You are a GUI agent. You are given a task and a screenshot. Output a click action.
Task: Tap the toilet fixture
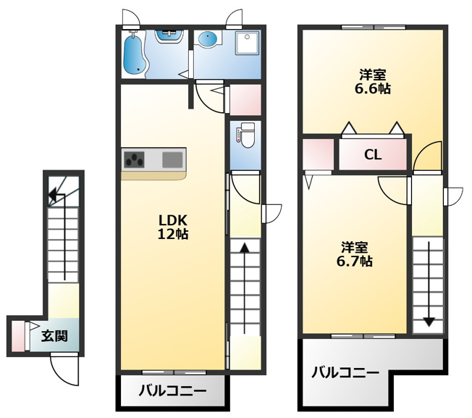(247, 135)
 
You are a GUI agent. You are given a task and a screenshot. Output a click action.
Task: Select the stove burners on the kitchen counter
(135, 159)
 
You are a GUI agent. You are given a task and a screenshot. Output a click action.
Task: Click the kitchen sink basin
(172, 159)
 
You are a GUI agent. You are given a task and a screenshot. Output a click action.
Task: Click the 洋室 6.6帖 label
(373, 81)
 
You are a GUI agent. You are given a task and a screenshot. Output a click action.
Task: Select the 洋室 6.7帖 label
(354, 254)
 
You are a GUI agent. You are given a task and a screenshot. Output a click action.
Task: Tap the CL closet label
(373, 155)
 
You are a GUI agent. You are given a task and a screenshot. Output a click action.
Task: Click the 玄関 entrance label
(54, 336)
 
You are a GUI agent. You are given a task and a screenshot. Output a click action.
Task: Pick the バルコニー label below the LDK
(172, 391)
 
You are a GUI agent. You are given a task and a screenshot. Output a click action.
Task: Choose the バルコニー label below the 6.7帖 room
(345, 373)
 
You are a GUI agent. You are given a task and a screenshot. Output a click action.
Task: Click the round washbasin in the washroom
(207, 39)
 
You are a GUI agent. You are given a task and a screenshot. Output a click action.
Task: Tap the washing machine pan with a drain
(247, 43)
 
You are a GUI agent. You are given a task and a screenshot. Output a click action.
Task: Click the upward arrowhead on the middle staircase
(245, 247)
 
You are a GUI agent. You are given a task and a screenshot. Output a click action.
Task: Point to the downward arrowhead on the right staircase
(429, 322)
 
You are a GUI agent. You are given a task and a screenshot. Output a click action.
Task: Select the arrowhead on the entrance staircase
(52, 196)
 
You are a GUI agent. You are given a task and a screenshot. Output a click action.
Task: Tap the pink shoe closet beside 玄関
(18, 336)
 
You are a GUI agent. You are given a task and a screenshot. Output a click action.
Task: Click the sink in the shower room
(169, 36)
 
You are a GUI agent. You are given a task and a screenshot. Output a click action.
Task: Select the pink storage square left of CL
(319, 154)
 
